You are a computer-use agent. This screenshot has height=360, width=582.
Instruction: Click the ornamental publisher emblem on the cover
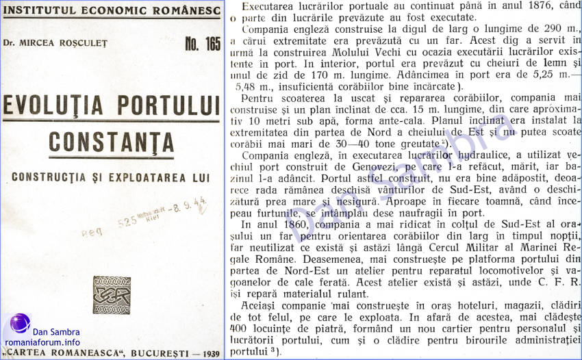point(112,295)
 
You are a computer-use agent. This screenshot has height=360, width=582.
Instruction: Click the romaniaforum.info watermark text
point(42,342)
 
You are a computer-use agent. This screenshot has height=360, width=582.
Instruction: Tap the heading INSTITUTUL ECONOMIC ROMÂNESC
point(111,10)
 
